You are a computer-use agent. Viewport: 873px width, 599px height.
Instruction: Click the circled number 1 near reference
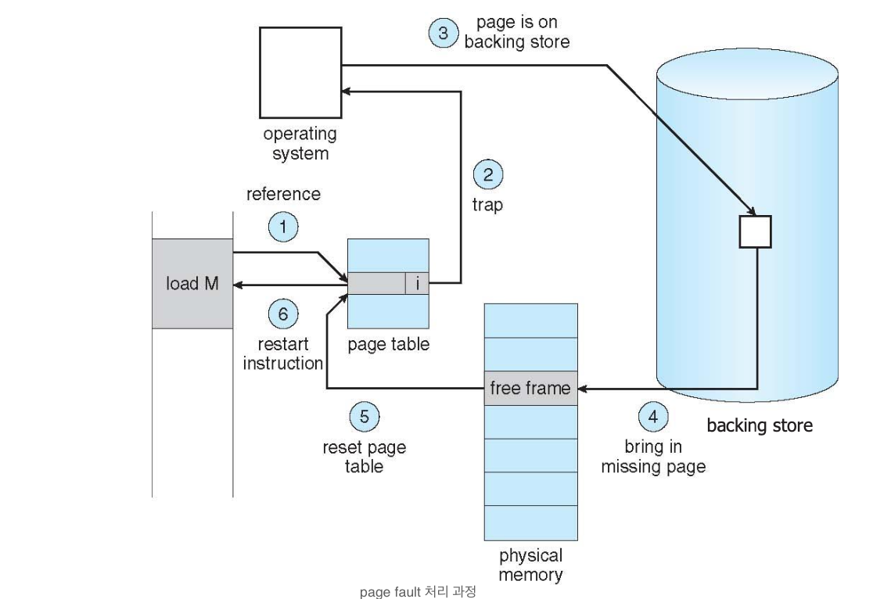click(283, 227)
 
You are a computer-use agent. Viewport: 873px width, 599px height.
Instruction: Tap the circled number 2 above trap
click(487, 175)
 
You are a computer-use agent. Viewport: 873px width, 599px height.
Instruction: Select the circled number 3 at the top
click(444, 33)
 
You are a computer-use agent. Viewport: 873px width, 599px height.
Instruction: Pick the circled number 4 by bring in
click(653, 416)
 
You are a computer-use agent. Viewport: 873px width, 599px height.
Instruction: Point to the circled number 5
click(364, 416)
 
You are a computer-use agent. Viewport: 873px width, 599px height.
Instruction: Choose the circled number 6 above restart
click(283, 314)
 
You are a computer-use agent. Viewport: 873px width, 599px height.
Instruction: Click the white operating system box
click(300, 73)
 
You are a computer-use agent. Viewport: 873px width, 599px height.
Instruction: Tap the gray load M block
click(192, 284)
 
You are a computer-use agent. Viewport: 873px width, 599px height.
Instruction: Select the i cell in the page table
click(417, 284)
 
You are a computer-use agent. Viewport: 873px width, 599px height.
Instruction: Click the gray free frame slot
click(530, 388)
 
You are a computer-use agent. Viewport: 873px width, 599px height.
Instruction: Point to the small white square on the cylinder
click(755, 231)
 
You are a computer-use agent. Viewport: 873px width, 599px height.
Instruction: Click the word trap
click(487, 206)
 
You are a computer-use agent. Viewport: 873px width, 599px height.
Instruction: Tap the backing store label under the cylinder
click(760, 425)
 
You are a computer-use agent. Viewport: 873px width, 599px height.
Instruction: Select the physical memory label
click(530, 565)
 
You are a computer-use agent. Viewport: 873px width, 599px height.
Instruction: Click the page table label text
click(389, 345)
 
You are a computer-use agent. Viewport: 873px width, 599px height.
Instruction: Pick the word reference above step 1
click(283, 194)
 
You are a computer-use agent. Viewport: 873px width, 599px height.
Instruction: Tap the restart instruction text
click(283, 353)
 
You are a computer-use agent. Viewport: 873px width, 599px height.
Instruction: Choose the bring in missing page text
click(653, 457)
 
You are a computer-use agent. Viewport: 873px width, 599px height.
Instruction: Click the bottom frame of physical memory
click(530, 522)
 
